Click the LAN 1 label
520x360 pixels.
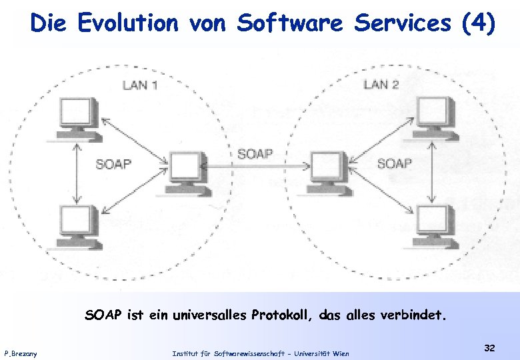coord(140,85)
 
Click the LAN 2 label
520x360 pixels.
coord(381,84)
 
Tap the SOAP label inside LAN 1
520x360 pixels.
coord(113,163)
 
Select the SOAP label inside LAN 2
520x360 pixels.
coord(395,163)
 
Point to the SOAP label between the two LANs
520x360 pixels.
coord(255,154)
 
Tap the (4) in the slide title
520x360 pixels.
coord(477,23)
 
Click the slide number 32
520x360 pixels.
coord(490,348)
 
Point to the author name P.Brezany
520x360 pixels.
coord(21,353)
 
